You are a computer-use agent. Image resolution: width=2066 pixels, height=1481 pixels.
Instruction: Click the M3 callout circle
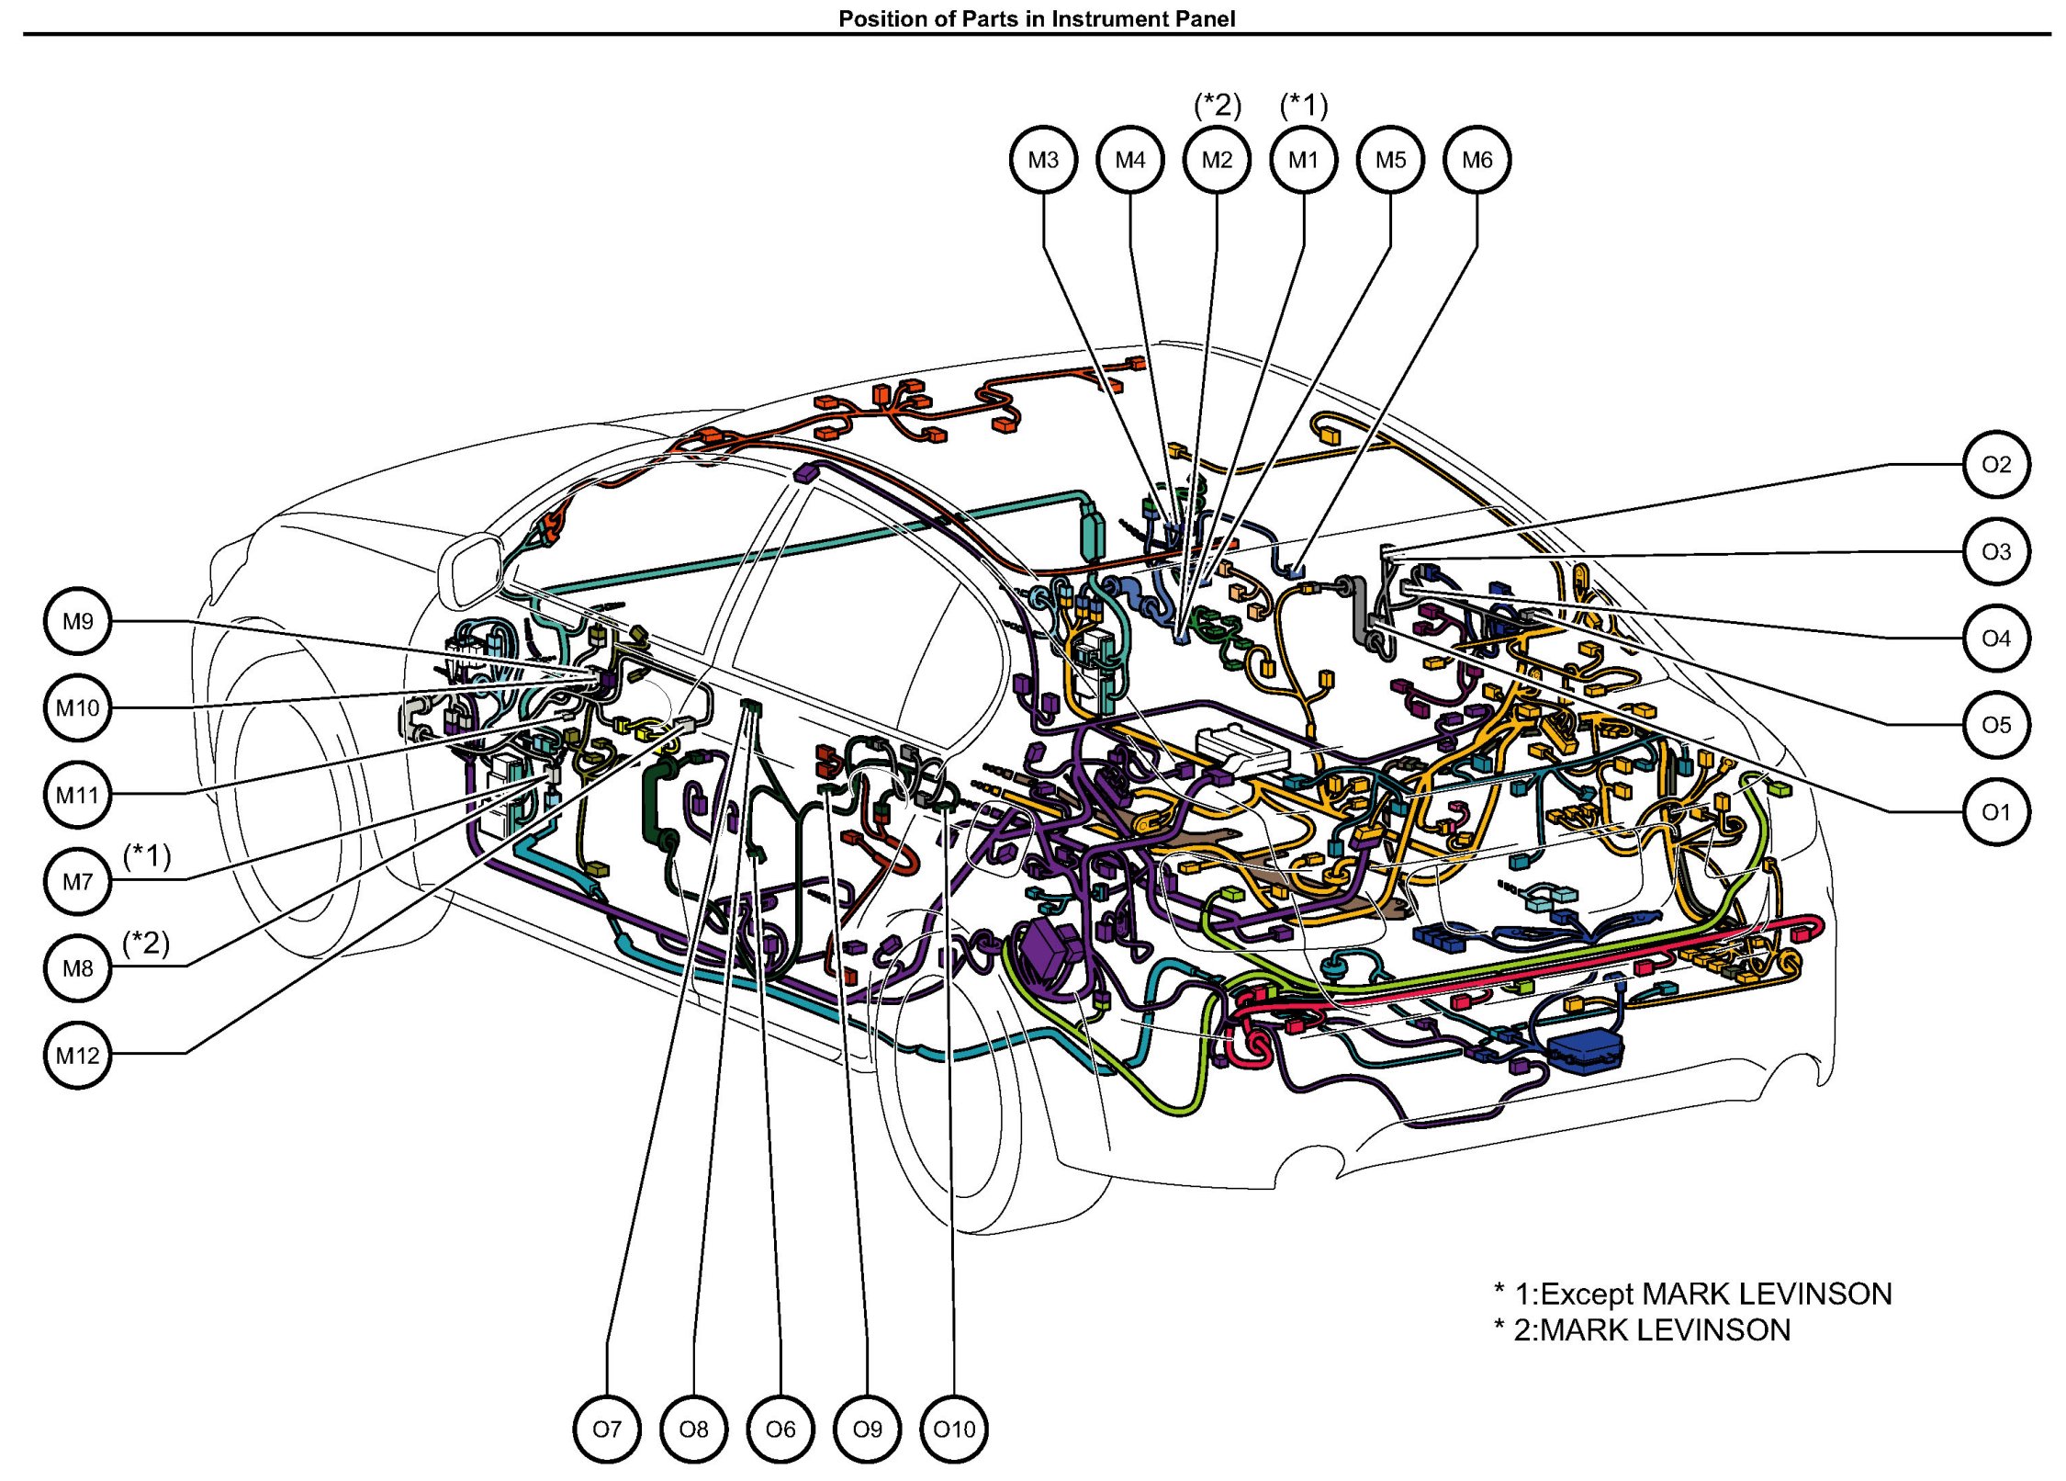[x=1043, y=160]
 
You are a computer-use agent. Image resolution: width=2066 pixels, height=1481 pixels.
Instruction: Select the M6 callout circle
[x=1477, y=160]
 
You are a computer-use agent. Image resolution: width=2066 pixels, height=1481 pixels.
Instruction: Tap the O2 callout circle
[x=1995, y=464]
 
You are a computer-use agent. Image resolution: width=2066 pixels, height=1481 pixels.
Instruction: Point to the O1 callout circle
[x=1995, y=812]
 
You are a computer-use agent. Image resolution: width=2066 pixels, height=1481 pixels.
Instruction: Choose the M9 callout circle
[x=78, y=621]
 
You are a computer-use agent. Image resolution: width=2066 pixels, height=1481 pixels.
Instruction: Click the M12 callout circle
[x=78, y=1055]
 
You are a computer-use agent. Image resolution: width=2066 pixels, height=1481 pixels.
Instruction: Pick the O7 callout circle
[x=607, y=1429]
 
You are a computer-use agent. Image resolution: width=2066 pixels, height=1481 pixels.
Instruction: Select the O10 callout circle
[x=954, y=1429]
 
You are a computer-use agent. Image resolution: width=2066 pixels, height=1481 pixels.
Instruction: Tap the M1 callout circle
[x=1303, y=160]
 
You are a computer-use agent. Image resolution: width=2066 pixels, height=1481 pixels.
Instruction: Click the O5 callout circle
[x=1995, y=725]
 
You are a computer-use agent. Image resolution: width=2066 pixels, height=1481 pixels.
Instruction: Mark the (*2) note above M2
[x=1217, y=106]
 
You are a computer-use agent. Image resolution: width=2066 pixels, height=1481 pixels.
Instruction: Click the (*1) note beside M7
[x=147, y=855]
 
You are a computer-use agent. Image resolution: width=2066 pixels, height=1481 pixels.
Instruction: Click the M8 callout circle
[x=78, y=968]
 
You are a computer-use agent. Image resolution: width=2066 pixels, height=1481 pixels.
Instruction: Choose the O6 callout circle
[x=780, y=1429]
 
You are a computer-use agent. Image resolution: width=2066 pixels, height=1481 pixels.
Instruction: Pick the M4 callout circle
[x=1129, y=160]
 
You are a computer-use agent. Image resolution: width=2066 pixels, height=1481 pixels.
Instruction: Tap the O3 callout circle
[x=1995, y=551]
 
